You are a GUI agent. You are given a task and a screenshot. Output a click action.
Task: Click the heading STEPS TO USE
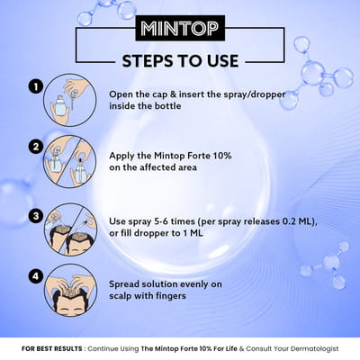coord(179,62)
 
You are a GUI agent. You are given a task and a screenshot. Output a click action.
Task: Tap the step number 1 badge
coord(35,87)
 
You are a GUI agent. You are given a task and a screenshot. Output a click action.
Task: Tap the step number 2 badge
coord(35,147)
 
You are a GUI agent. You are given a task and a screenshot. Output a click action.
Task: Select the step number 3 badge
coord(35,215)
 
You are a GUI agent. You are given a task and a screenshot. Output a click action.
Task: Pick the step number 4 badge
coord(35,276)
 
